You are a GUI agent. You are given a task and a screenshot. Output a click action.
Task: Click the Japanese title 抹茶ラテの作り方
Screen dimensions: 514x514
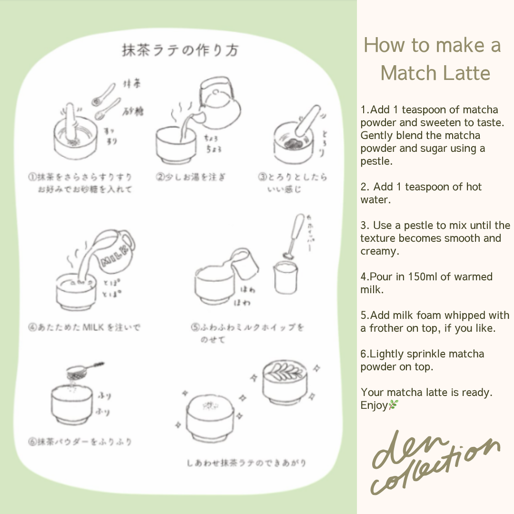coord(180,50)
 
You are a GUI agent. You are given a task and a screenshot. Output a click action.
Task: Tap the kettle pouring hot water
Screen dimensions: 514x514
coord(217,102)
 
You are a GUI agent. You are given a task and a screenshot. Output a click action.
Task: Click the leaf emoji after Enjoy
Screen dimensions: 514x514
coord(393,405)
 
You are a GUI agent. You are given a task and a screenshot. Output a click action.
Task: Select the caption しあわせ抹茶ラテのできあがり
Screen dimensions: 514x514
coord(246,463)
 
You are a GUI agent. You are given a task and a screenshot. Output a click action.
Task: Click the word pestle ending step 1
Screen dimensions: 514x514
coord(376,161)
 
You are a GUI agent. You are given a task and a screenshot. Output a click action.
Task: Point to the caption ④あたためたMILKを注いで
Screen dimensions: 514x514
coord(84,327)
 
